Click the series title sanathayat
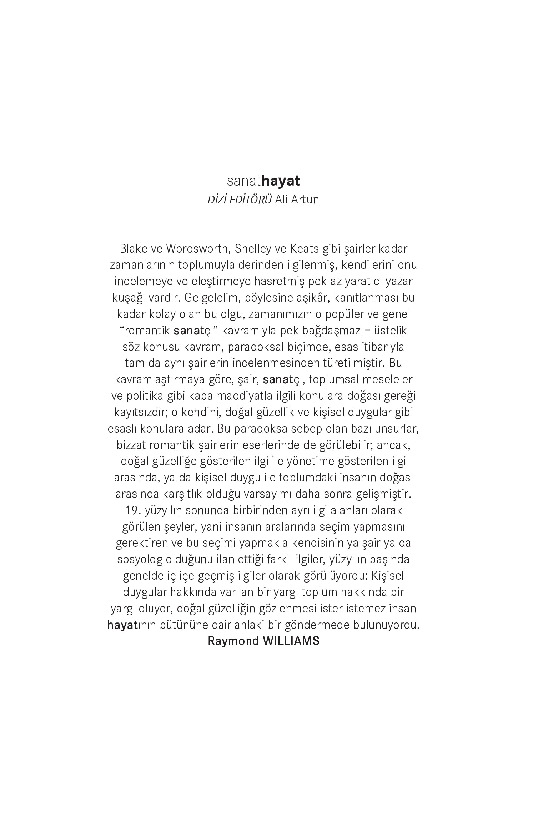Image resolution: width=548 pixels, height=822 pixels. point(263,181)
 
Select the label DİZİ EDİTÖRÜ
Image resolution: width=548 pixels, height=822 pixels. point(240,200)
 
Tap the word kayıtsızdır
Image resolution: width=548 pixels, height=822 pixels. point(141,412)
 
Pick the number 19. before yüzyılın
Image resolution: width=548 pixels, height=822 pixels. point(132,511)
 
